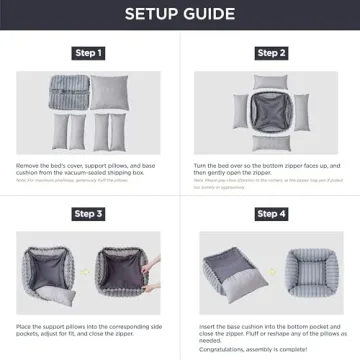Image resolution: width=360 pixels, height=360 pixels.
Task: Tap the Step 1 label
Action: (88, 52)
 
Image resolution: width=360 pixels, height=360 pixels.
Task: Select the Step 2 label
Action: (271, 52)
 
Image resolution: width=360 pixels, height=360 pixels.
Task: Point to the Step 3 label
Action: (88, 213)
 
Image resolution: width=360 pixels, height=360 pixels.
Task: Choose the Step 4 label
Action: (271, 213)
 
